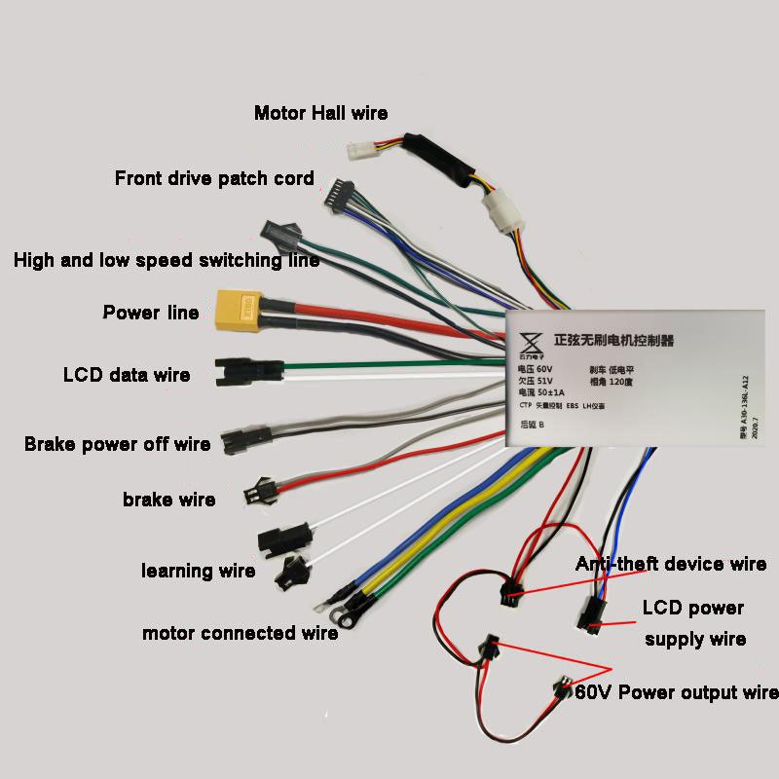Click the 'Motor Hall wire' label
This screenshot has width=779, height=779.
click(x=320, y=113)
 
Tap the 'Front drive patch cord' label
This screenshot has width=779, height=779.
click(x=214, y=178)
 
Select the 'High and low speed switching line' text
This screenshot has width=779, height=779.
click(x=166, y=261)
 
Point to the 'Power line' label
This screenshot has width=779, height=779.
click(x=151, y=313)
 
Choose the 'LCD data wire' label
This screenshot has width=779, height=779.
click(x=127, y=375)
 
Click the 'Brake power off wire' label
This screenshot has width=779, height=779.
click(x=117, y=445)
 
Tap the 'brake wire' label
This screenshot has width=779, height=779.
click(x=168, y=500)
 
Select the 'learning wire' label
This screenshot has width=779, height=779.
click(x=199, y=571)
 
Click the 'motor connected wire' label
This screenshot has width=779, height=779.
click(x=240, y=633)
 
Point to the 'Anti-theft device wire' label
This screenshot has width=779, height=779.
click(x=671, y=564)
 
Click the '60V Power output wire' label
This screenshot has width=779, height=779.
click(x=677, y=693)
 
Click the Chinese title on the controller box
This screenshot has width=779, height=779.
click(x=613, y=341)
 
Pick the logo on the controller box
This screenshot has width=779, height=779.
click(x=532, y=343)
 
